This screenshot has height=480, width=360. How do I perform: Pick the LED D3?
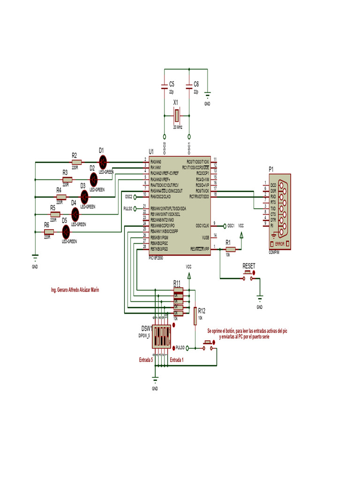(84, 197)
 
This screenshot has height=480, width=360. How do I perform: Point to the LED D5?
(66, 231)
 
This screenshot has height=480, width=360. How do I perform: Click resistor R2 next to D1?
(75, 162)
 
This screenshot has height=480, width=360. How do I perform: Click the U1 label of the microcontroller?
(151, 151)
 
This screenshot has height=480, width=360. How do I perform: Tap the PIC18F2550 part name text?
(158, 258)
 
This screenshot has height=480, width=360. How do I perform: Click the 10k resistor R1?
(230, 250)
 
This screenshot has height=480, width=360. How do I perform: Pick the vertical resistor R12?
(195, 315)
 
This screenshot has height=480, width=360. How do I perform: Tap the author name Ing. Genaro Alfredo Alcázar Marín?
(75, 290)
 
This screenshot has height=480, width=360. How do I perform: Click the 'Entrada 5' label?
(146, 360)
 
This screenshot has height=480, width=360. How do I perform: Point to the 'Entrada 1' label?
(177, 360)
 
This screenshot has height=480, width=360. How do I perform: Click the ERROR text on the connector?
(280, 244)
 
